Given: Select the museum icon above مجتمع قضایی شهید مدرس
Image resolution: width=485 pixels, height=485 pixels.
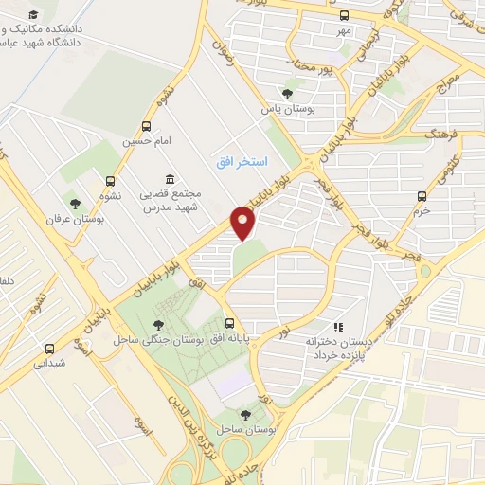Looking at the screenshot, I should [x=170, y=179].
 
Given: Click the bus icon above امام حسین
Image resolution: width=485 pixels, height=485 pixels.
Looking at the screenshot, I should [x=146, y=126].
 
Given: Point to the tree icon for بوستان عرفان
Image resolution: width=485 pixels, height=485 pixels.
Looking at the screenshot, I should [x=75, y=202].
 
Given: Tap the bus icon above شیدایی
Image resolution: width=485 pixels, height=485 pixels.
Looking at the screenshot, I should [x=50, y=348].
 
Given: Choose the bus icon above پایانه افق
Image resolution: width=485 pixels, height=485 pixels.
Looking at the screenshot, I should [x=229, y=323].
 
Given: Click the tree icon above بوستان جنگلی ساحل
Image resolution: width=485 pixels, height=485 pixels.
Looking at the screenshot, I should [x=157, y=326].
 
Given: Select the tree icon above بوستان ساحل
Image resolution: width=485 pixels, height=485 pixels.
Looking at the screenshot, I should [x=245, y=415].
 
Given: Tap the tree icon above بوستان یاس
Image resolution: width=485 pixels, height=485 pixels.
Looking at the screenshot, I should [x=287, y=93].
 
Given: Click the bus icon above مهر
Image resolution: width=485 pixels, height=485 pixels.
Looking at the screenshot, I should [x=343, y=15].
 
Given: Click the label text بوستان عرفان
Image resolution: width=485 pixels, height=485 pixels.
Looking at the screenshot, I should [x=74, y=219].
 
